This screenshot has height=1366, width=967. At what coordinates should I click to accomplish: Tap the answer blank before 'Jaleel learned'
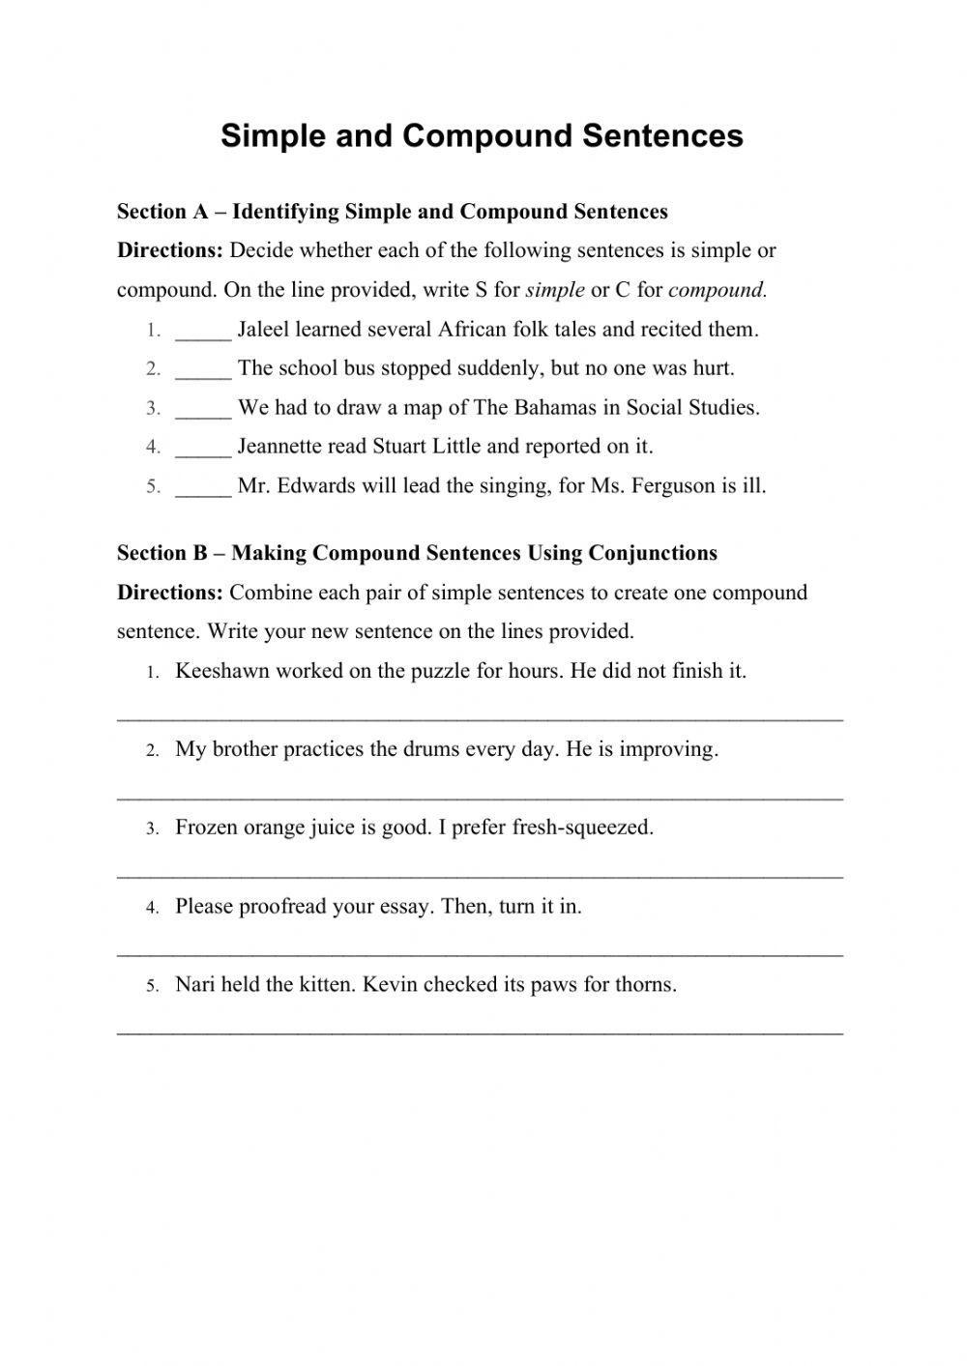[203, 332]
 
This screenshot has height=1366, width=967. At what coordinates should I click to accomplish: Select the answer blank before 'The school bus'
[203, 370]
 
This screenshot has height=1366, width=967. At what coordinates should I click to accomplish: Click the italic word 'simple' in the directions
[555, 290]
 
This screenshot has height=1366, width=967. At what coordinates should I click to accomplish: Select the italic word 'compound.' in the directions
[718, 290]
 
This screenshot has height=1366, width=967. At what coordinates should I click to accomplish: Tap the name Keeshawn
[221, 671]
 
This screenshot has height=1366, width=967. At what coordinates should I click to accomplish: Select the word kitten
[326, 985]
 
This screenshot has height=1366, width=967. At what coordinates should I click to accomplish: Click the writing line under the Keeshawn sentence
[480, 718]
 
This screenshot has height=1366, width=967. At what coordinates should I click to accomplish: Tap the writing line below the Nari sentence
[480, 1032]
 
